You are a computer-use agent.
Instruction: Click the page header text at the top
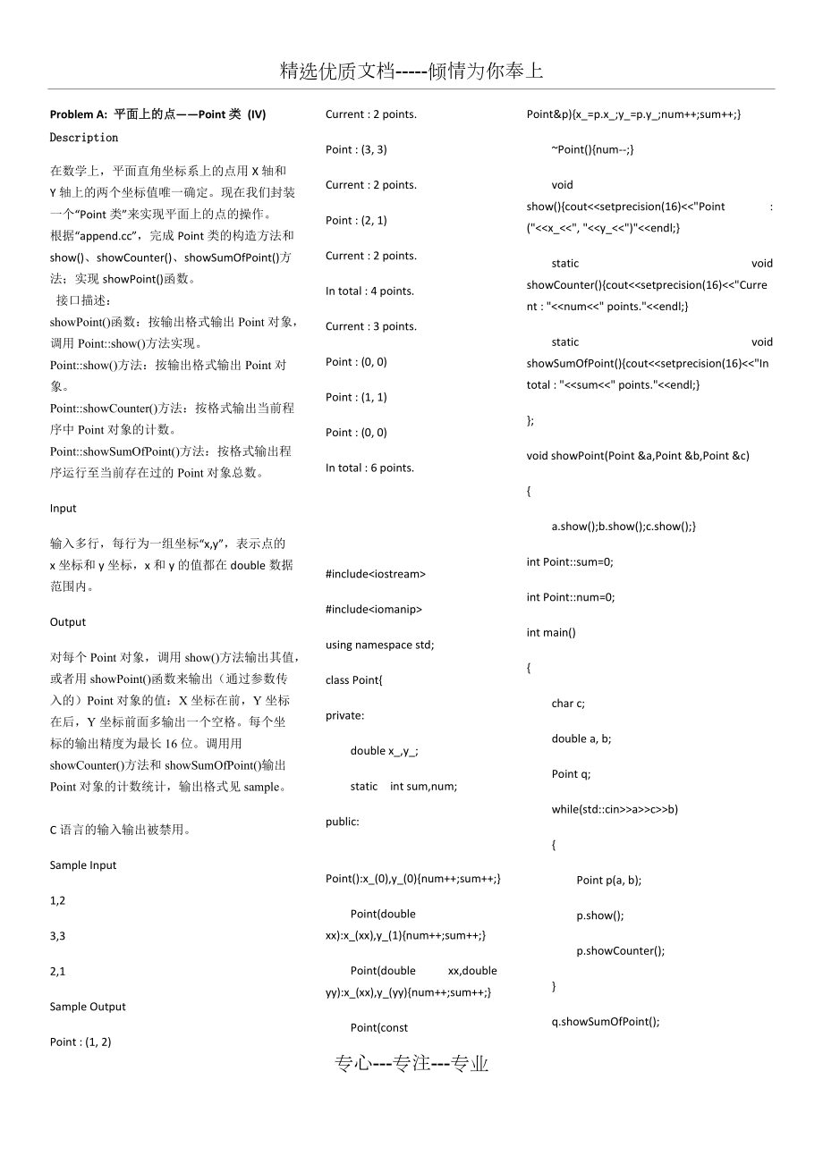point(411,72)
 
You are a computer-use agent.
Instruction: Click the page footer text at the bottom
point(411,1063)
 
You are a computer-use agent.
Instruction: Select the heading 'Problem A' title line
point(157,114)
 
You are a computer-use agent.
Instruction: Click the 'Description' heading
point(84,138)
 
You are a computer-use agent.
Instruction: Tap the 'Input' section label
point(64,509)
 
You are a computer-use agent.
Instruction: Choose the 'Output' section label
point(68,622)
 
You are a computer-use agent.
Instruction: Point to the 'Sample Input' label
point(83,865)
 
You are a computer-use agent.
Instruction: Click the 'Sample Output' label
point(88,1007)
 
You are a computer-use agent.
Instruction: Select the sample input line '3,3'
point(58,936)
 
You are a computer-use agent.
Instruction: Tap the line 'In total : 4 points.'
point(369,291)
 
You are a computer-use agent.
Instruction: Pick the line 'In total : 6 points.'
point(369,468)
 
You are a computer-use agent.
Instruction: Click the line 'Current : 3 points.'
point(371,326)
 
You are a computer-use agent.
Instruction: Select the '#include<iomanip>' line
point(374,610)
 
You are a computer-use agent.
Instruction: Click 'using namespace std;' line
point(379,645)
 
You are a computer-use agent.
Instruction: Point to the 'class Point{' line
point(354,680)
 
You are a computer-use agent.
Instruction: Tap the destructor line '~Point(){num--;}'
point(592,149)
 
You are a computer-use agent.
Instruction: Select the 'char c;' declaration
point(568,704)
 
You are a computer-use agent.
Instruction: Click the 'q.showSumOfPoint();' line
point(606,1022)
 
